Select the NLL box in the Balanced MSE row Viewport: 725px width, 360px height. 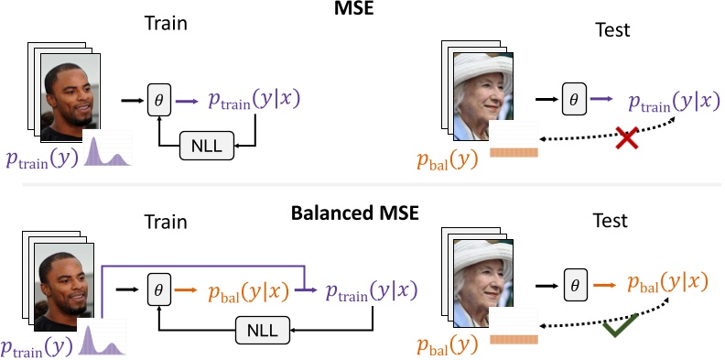point(263,326)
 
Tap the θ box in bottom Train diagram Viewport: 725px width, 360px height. point(159,291)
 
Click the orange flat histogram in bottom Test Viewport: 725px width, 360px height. point(515,337)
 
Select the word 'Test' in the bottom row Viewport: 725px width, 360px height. point(609,221)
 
